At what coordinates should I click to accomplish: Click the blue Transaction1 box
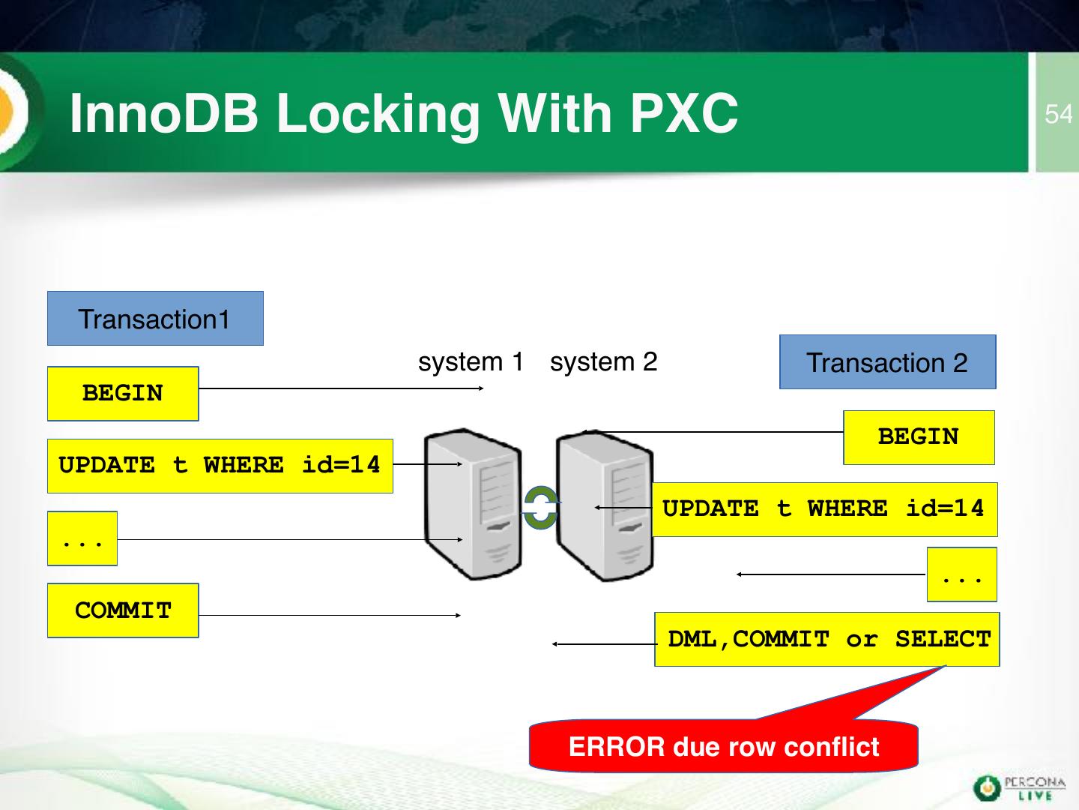[155, 319]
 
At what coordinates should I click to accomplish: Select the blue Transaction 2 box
[887, 362]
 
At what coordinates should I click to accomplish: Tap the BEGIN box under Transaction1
[123, 394]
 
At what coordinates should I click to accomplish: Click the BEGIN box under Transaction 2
[919, 437]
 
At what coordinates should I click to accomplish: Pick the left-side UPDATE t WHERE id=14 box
[220, 466]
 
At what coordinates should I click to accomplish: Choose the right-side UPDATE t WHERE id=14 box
[823, 509]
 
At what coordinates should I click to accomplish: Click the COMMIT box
[123, 610]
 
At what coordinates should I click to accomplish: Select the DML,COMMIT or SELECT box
[827, 640]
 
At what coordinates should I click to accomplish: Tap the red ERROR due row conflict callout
[723, 746]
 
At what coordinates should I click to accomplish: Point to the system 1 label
[471, 362]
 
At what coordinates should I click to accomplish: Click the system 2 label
[603, 362]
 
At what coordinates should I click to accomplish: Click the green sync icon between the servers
[539, 508]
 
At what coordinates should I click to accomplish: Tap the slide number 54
[1058, 114]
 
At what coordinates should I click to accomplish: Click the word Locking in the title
[378, 113]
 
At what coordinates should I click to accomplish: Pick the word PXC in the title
[683, 113]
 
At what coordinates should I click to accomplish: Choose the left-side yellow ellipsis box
[82, 538]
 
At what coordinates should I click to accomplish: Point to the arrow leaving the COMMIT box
[330, 616]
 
